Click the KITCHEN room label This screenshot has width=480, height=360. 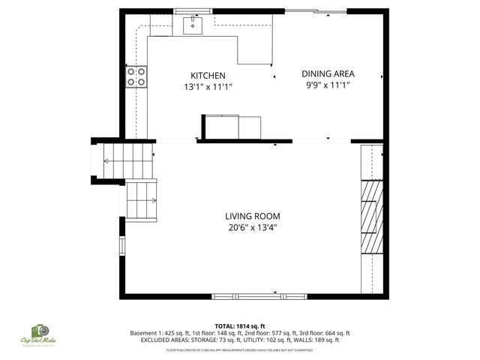(x=208, y=76)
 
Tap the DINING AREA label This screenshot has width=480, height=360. (x=328, y=73)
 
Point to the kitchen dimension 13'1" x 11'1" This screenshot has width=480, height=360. (x=208, y=87)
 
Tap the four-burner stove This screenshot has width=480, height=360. (x=136, y=76)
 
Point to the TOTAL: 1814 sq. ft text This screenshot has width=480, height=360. (x=240, y=326)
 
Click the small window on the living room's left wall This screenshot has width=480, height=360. (x=121, y=246)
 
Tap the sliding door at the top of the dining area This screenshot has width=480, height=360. (x=315, y=10)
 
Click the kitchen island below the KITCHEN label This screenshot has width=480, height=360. (x=231, y=127)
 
